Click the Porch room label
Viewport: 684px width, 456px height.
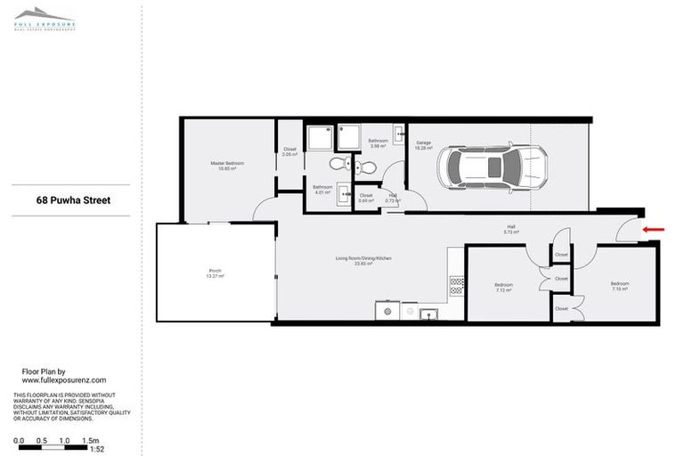216,273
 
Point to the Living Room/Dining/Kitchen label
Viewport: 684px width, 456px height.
363,260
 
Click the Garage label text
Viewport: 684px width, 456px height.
423,144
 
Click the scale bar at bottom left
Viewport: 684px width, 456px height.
54,446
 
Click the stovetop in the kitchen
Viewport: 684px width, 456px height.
457,286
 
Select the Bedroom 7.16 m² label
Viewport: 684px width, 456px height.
620,286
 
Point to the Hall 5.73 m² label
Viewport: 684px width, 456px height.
511,229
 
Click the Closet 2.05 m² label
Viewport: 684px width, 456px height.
289,151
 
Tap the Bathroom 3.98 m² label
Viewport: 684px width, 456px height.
378,142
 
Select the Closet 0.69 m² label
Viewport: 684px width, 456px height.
366,198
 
